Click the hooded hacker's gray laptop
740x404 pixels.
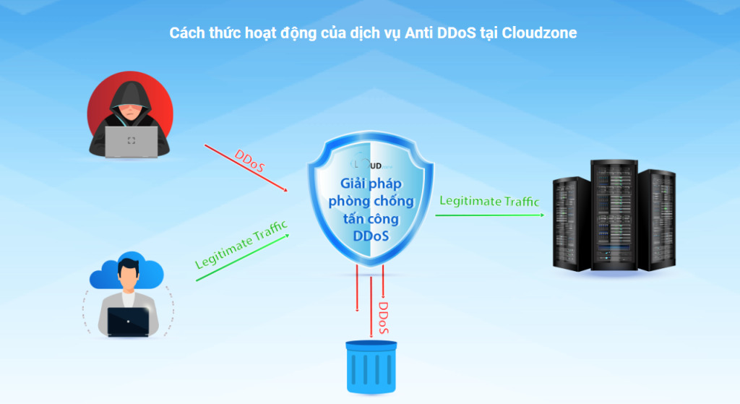(131, 140)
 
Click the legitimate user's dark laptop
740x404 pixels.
(128, 321)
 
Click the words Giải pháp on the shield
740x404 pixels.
(371, 185)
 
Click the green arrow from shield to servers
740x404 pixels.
(491, 213)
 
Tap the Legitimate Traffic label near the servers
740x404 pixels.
(489, 201)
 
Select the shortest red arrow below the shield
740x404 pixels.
(357, 289)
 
